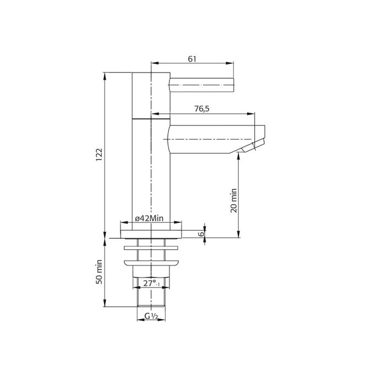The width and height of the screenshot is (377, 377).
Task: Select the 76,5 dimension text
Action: click(x=202, y=109)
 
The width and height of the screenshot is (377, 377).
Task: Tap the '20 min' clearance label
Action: click(x=233, y=200)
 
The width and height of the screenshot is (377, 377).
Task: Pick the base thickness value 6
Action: click(x=202, y=233)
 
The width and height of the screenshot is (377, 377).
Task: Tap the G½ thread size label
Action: click(x=151, y=316)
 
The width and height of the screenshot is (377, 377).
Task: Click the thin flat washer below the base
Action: click(x=150, y=247)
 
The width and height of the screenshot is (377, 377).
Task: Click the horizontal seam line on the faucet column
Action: click(x=150, y=118)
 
